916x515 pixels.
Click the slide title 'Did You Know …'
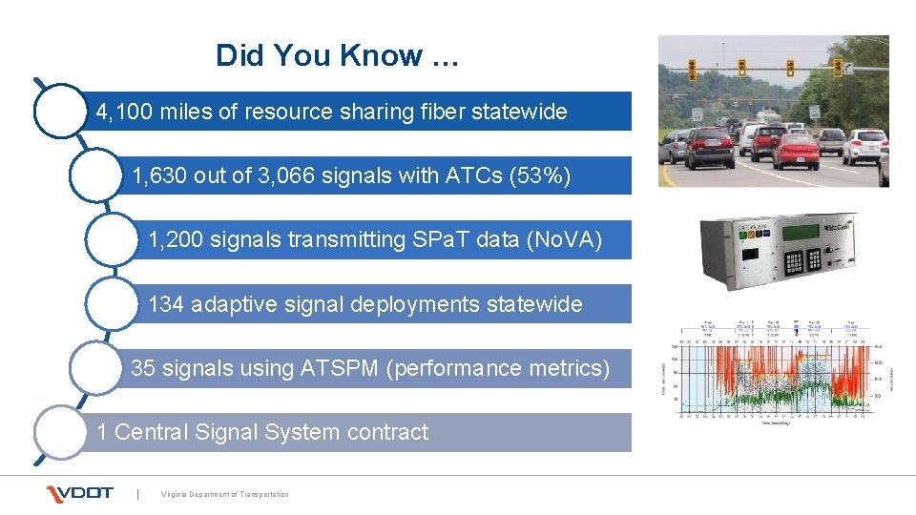click(338, 55)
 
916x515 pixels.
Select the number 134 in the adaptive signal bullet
click(166, 304)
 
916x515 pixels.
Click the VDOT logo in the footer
click(80, 493)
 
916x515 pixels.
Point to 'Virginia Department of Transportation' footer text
click(225, 494)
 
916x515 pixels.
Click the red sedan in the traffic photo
click(795, 150)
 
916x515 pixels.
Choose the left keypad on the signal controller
click(791, 262)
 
